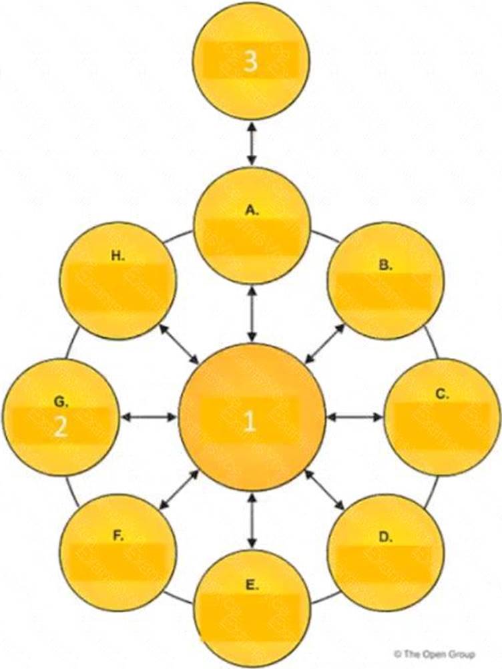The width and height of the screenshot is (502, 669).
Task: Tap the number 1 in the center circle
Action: [250, 421]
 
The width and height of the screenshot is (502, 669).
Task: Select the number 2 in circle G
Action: [60, 427]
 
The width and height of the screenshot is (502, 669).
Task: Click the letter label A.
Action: [252, 210]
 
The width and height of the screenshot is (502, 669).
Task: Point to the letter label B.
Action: [385, 265]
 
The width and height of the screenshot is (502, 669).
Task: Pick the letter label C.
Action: [442, 394]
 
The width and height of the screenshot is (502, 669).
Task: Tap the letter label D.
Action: [385, 536]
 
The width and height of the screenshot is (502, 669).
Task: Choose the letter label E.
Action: [252, 585]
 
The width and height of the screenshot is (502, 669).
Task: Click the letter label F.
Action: [117, 536]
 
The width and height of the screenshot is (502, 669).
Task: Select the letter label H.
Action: [118, 255]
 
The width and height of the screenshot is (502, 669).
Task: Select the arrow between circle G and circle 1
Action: [148, 417]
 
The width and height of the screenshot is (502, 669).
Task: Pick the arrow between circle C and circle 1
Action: [355, 417]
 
